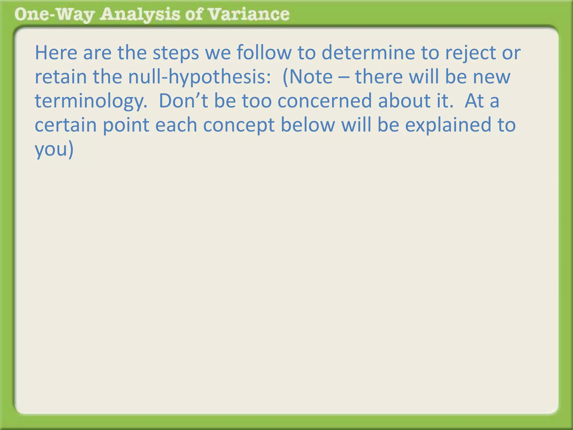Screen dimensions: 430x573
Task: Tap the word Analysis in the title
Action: [140, 15]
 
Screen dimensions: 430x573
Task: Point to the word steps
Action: [176, 53]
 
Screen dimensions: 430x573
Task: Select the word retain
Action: [60, 77]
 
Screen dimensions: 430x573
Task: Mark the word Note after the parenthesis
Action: [311, 77]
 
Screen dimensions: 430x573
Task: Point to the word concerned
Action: [325, 101]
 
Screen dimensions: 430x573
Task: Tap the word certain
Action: [65, 125]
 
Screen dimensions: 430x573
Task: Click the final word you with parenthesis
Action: [54, 149]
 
